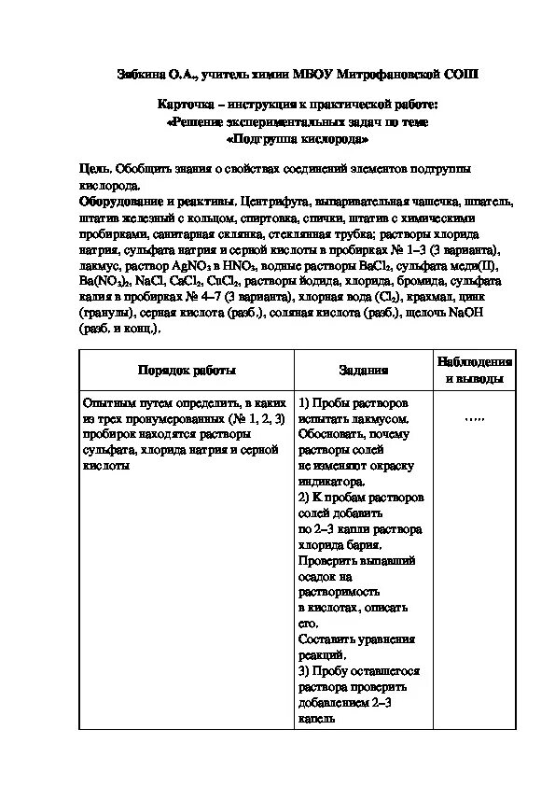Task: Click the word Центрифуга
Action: click(x=271, y=202)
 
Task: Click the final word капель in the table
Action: click(x=317, y=720)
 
